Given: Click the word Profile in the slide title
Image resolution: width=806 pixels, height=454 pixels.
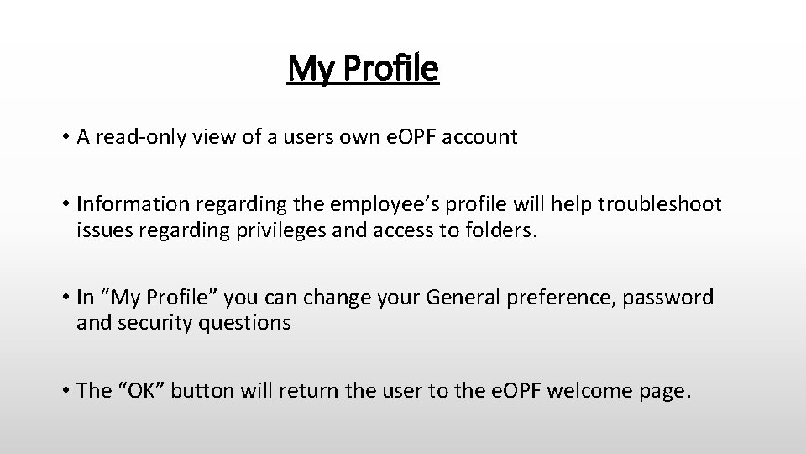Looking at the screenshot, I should (x=391, y=69).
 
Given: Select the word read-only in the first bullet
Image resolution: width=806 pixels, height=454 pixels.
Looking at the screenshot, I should (x=138, y=138).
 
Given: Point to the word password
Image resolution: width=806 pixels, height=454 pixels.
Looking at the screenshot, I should (x=670, y=298).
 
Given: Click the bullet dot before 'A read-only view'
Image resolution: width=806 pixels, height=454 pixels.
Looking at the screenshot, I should (x=65, y=138).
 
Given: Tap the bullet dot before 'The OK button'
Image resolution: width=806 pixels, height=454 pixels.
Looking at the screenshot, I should (x=65, y=390).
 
